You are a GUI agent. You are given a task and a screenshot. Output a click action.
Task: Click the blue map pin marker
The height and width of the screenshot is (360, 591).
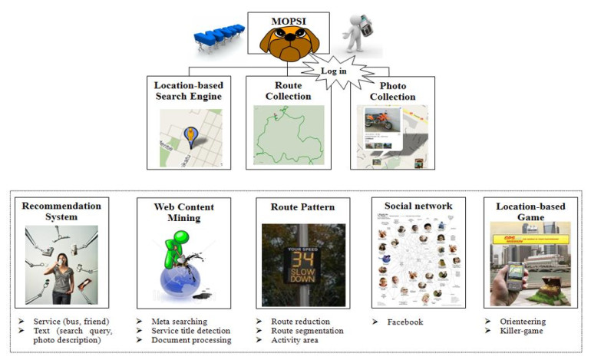tap(190, 137)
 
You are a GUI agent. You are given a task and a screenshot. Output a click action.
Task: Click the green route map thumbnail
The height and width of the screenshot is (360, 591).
tap(289, 137)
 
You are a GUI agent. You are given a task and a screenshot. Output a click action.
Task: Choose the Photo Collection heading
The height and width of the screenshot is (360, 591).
tap(392, 91)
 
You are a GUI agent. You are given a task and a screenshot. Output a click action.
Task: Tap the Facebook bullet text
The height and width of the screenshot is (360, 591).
tap(399, 322)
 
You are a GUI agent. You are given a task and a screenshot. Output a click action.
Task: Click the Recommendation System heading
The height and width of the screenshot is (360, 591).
tap(61, 212)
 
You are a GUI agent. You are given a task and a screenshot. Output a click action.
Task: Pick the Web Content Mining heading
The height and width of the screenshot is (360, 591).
tap(183, 213)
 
